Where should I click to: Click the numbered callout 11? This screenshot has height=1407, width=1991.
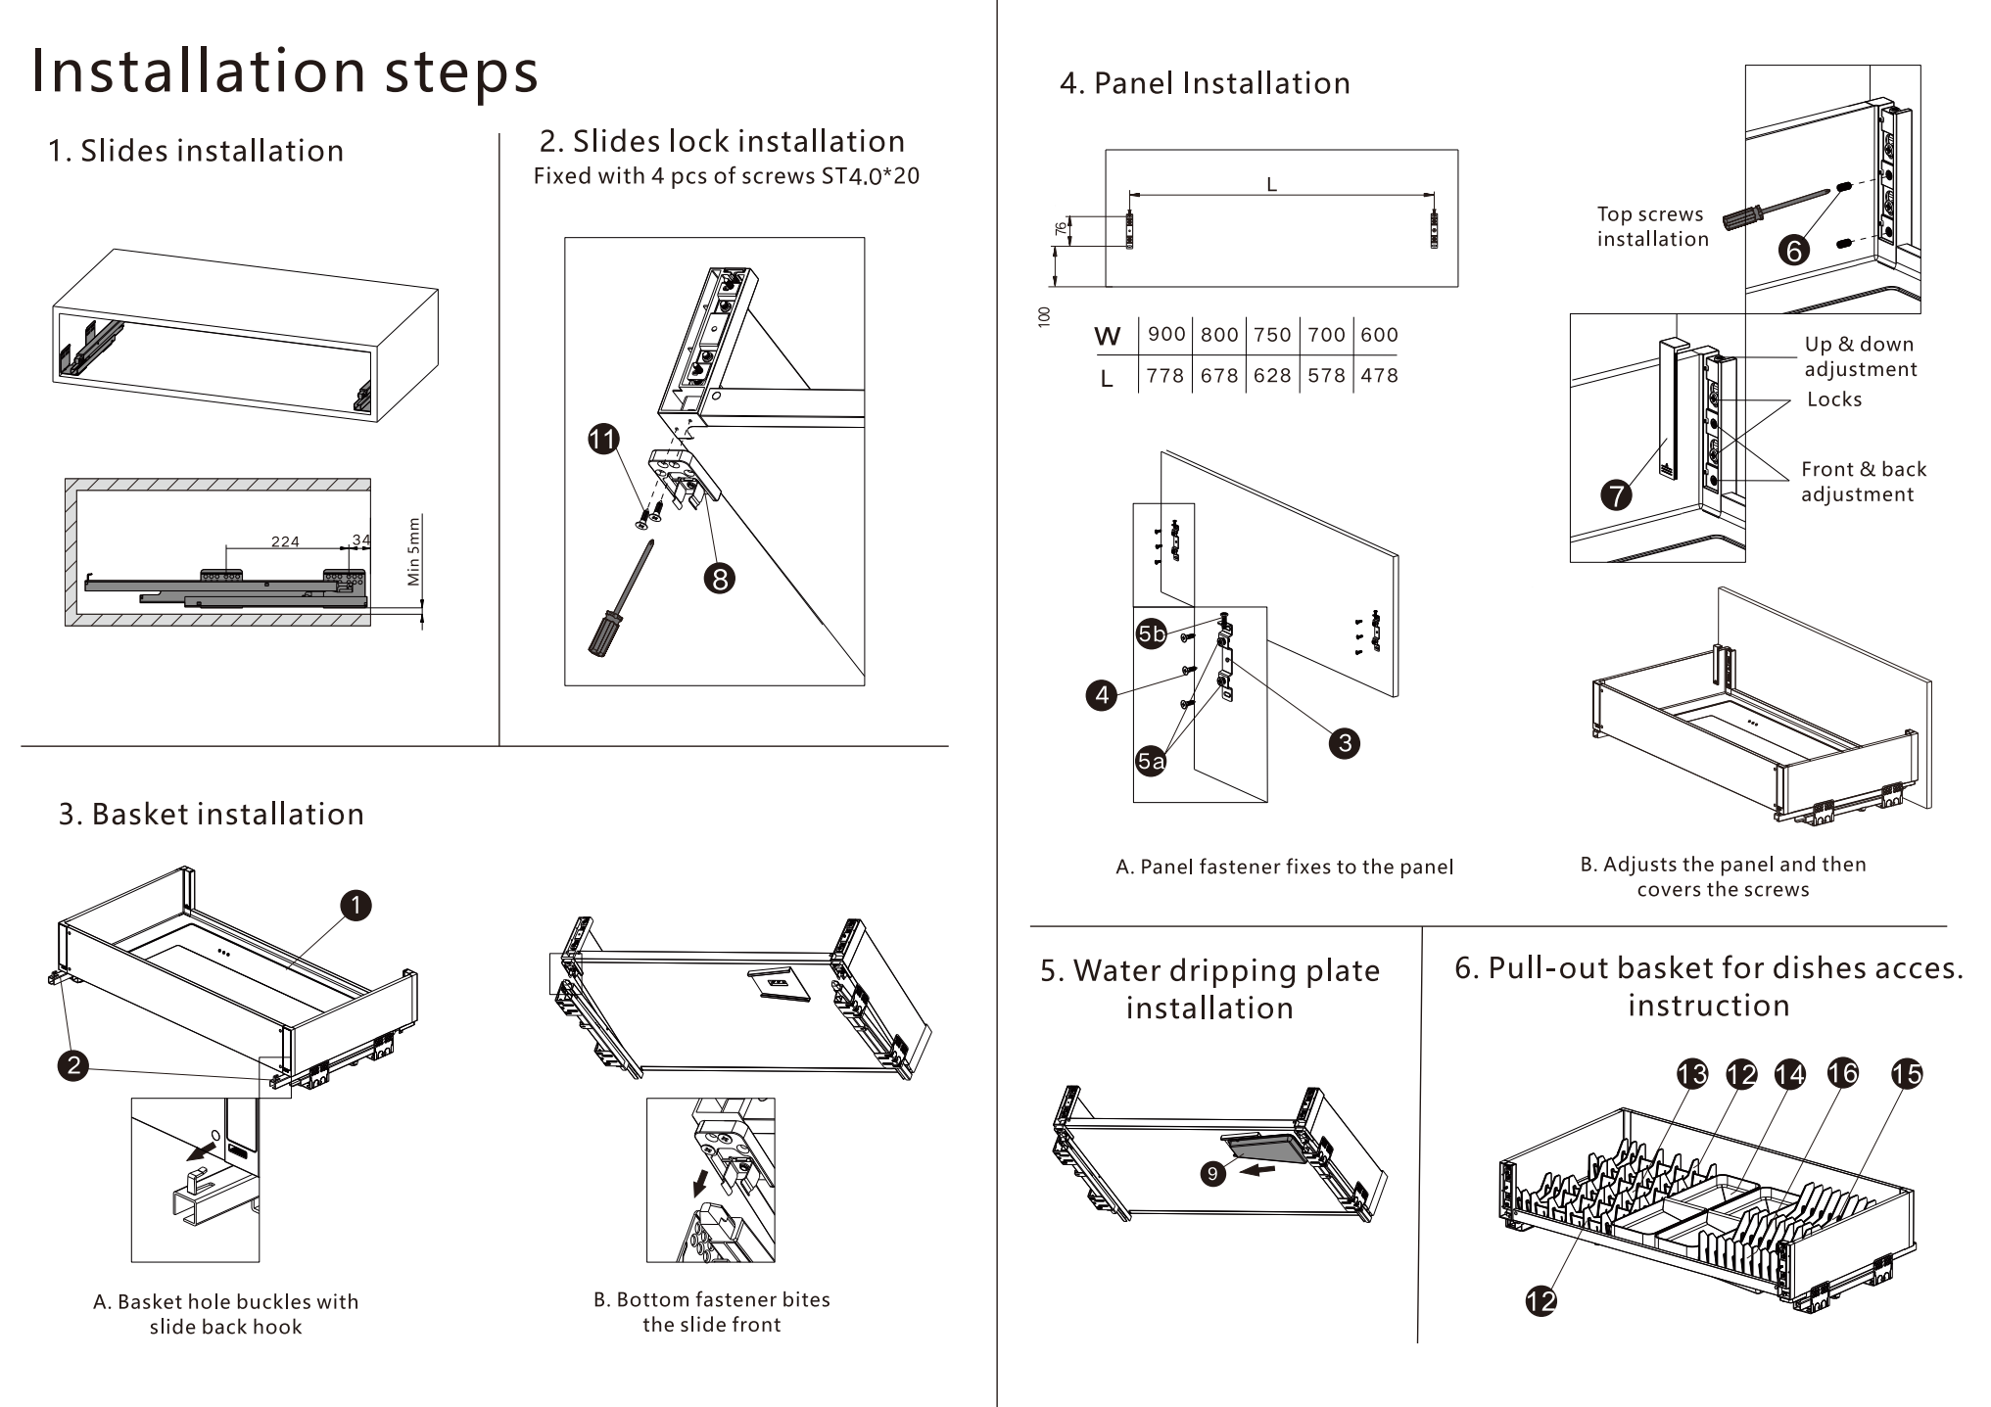pyautogui.click(x=603, y=439)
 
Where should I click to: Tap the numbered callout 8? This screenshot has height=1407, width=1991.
pyautogui.click(x=720, y=579)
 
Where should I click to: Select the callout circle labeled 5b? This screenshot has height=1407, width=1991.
pyautogui.click(x=1152, y=634)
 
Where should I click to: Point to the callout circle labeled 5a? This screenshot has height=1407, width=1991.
pyautogui.click(x=1151, y=761)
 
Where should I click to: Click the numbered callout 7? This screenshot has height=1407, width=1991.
pyautogui.click(x=1616, y=494)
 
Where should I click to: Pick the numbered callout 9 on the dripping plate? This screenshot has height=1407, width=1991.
pyautogui.click(x=1213, y=1173)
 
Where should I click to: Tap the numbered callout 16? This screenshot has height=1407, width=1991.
pyautogui.click(x=1842, y=1073)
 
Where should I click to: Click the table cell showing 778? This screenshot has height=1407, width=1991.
pyautogui.click(x=1165, y=376)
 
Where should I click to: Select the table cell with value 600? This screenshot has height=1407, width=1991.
pyautogui.click(x=1379, y=335)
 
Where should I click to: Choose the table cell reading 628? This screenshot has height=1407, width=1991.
pyautogui.click(x=1272, y=376)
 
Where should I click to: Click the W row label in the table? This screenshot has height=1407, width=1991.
pyautogui.click(x=1108, y=337)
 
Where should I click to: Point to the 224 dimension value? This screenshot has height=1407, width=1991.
pyautogui.click(x=285, y=541)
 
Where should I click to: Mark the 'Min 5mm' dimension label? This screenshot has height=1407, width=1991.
pyautogui.click(x=414, y=551)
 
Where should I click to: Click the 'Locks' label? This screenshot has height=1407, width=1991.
pyautogui.click(x=1834, y=399)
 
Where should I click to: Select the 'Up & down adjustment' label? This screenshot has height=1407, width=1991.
pyautogui.click(x=1860, y=356)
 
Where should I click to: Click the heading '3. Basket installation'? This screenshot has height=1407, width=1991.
pyautogui.click(x=212, y=814)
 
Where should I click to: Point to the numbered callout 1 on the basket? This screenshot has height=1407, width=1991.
pyautogui.click(x=356, y=905)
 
